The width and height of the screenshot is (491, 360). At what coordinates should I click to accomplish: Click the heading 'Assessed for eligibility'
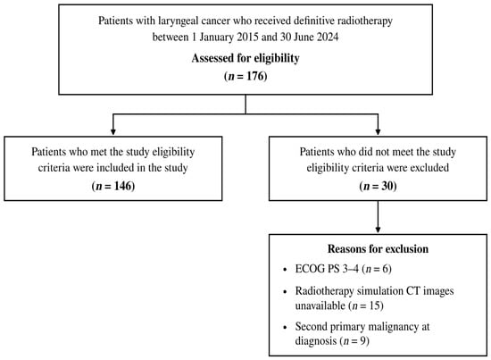coord(245,58)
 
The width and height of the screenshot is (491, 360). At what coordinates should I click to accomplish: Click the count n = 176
coord(245,76)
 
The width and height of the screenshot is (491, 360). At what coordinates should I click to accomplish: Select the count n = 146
coord(113,186)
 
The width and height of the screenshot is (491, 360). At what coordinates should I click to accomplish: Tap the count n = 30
coord(378,186)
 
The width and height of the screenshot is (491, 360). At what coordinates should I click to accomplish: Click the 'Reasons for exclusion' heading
coord(378,249)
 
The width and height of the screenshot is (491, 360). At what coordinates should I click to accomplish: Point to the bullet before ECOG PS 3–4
coord(285,270)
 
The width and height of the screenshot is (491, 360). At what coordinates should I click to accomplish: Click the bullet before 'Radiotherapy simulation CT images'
coord(285,292)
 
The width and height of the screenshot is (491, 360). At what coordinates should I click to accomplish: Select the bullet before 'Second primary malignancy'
coord(285,328)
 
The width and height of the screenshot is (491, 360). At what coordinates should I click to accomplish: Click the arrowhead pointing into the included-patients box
coord(113,131)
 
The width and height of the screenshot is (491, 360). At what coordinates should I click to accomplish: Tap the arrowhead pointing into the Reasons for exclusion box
coord(378,230)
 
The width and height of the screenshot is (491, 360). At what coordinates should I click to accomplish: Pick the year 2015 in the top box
coord(247,38)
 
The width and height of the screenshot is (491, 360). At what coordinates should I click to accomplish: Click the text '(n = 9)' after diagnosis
coord(354,341)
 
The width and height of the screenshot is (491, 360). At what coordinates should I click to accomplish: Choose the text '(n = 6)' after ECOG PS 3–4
coord(377,269)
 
